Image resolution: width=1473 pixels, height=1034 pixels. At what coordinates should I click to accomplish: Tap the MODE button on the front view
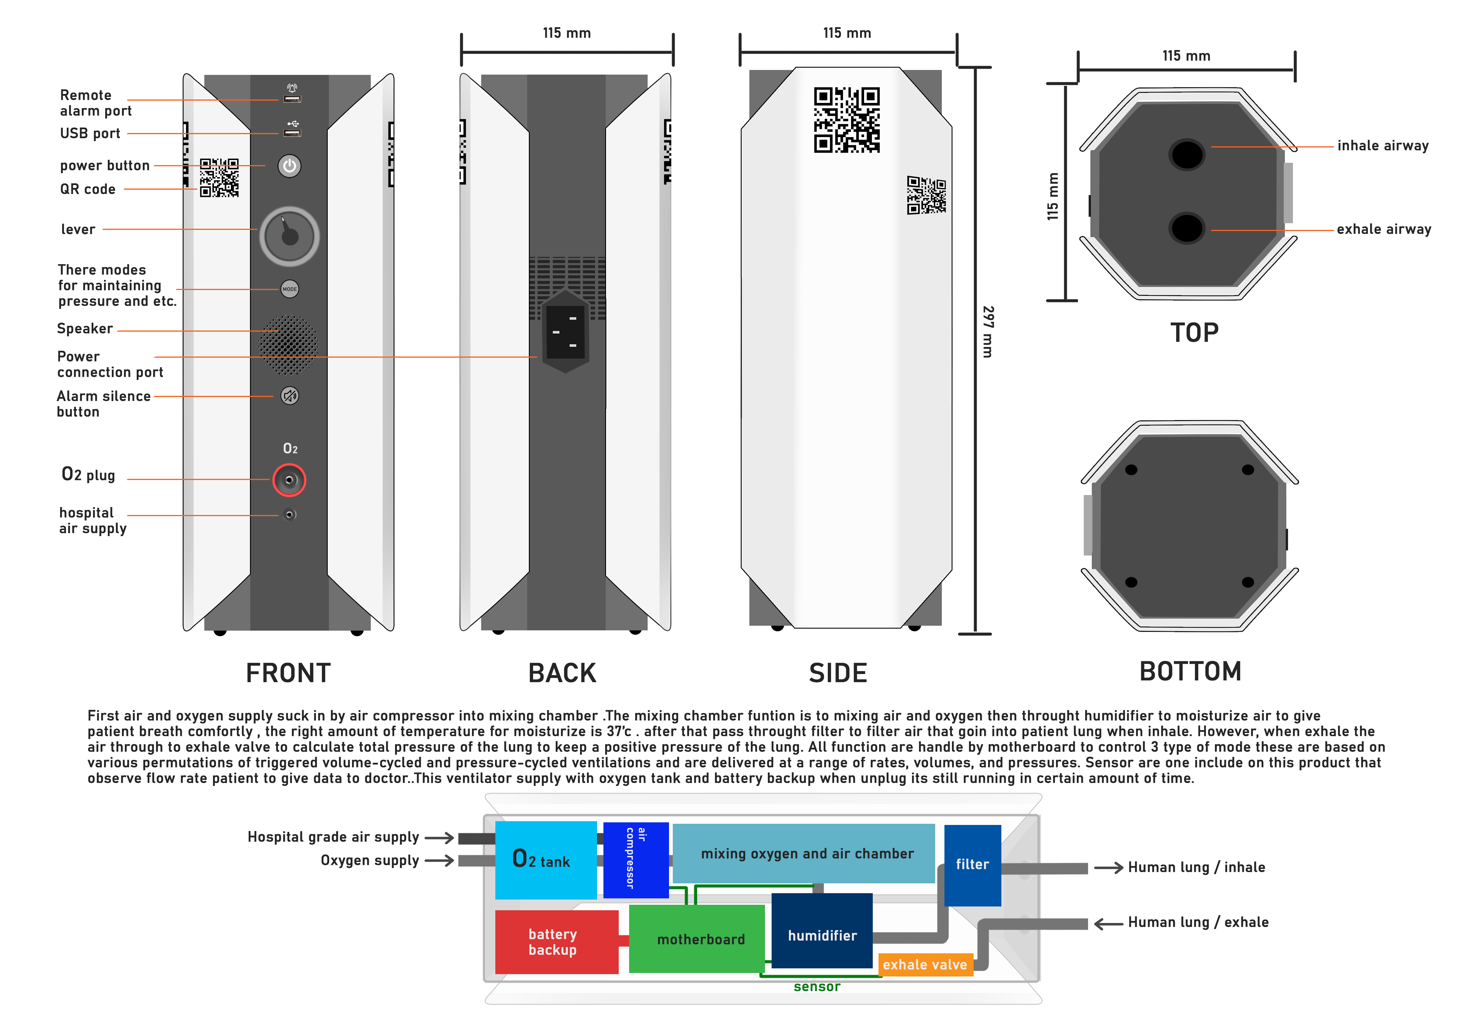[289, 289]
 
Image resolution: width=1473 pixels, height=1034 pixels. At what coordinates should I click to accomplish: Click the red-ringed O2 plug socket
[289, 480]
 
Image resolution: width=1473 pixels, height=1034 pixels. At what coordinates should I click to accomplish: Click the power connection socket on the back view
[565, 331]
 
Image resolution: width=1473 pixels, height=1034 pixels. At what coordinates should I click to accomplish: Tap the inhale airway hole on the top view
[1187, 154]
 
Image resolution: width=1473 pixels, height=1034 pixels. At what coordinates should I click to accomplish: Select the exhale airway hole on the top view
[1187, 228]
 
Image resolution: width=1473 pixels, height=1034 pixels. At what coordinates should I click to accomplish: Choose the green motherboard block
[697, 938]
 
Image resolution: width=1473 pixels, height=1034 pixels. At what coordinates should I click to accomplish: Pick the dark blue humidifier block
[822, 930]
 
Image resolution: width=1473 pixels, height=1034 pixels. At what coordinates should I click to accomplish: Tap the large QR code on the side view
[847, 120]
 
